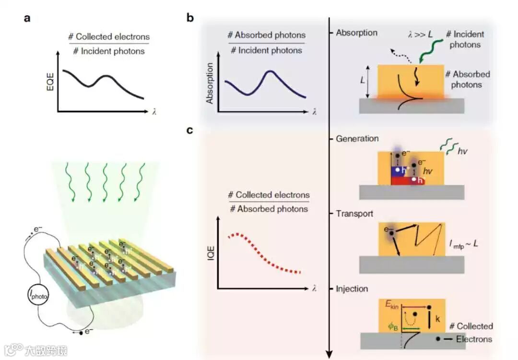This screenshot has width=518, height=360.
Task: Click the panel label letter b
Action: point(190,19)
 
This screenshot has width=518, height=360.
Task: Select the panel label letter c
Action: point(190,130)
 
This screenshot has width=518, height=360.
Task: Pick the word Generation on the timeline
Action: point(357,139)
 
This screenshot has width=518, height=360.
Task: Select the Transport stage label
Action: point(354,214)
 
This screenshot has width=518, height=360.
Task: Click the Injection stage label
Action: point(352,289)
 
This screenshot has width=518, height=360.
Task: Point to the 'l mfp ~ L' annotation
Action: point(462,244)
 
